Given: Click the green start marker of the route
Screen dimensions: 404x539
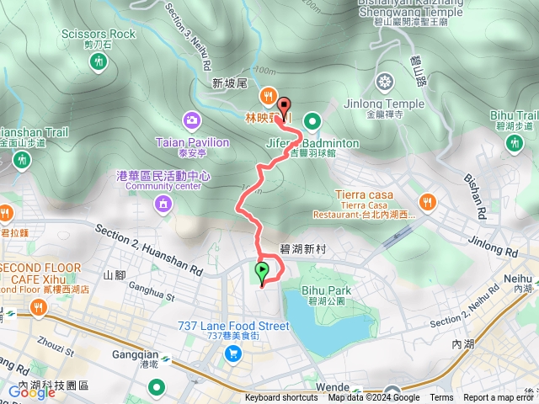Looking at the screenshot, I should click(262, 272).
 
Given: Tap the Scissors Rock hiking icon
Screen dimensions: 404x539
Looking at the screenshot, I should click(99, 61).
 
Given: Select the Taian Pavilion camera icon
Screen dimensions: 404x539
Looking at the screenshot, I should click(193, 120).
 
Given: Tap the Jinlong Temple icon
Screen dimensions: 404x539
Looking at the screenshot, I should click(385, 82).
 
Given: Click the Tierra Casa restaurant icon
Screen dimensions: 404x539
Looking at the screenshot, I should click(428, 202).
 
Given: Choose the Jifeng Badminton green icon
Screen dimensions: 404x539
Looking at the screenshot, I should click(312, 120).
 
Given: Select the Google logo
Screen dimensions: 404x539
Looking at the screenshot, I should click(31, 391).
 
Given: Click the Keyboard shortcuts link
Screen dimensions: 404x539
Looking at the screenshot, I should click(281, 398).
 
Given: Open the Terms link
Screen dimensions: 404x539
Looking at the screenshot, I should click(441, 398).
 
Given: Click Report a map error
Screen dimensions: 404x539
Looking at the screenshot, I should click(499, 398).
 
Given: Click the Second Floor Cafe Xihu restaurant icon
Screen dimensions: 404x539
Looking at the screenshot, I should click(37, 308).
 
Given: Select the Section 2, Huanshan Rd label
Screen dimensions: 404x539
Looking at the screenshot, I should click(149, 250).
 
